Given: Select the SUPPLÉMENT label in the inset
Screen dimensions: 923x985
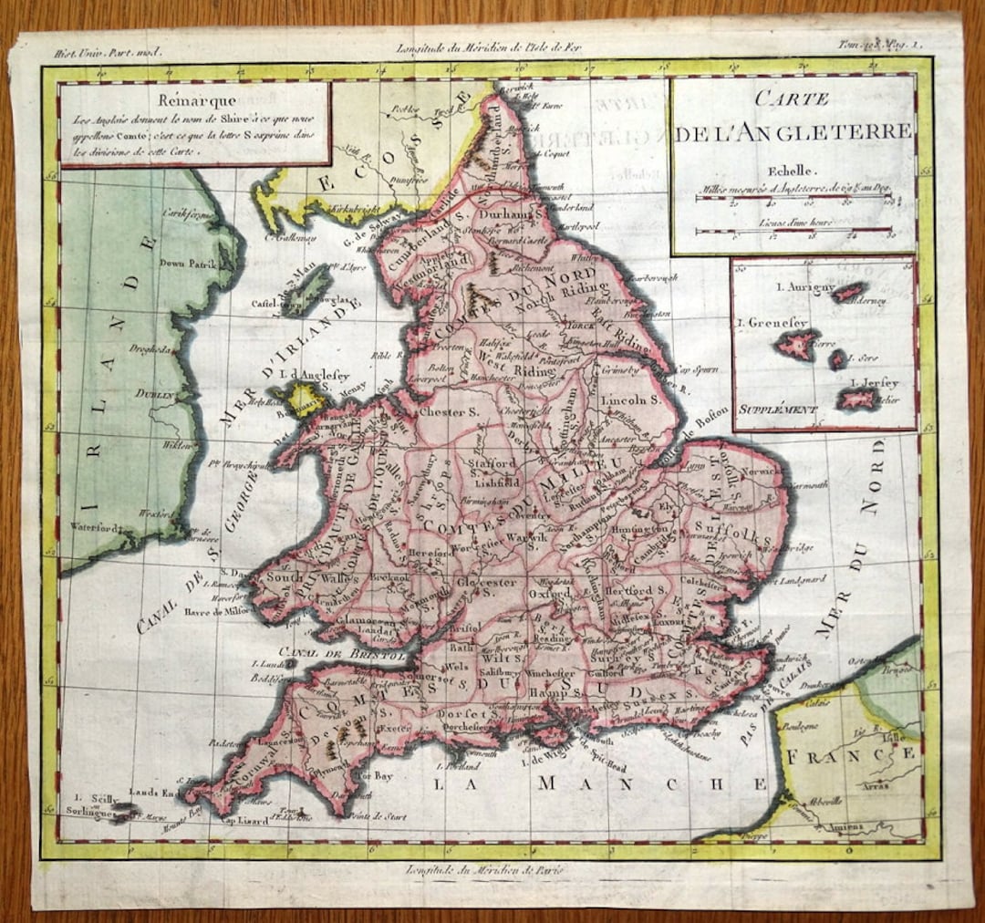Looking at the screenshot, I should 778,410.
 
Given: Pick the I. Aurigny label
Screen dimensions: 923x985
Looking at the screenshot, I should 804,288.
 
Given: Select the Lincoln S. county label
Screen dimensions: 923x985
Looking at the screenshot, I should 629,399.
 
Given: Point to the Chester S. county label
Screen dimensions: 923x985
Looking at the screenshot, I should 449,412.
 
